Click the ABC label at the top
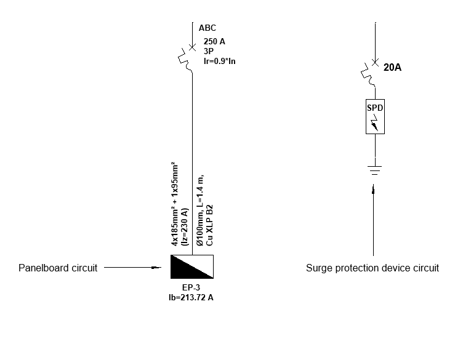pos(207,28)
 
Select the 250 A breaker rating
pos(214,42)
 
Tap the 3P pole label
pos(208,51)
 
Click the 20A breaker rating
pos(392,68)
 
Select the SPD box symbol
pos(375,116)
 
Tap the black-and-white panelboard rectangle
pos(192,266)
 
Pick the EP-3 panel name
pos(192,287)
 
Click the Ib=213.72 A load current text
pos(192,297)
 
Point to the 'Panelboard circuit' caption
pos(58,268)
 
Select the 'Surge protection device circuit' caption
pos(372,268)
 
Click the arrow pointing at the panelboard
pos(135,267)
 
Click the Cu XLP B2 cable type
pos(209,225)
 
